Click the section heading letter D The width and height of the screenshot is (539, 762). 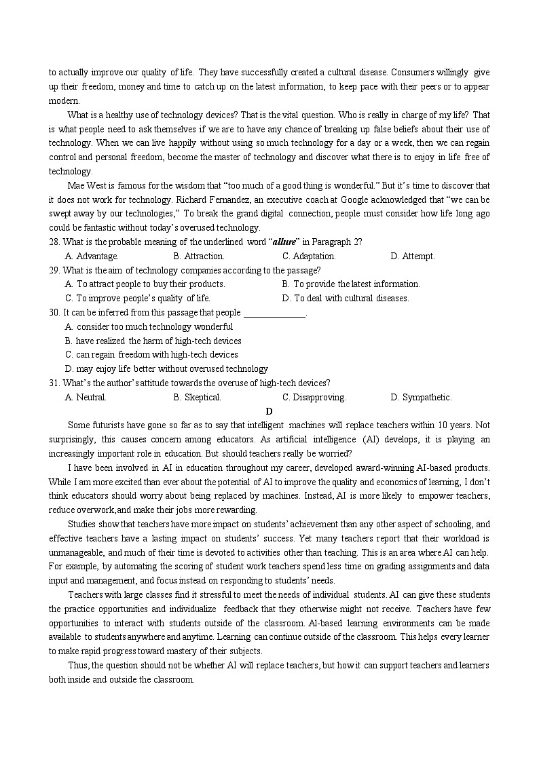pyautogui.click(x=269, y=411)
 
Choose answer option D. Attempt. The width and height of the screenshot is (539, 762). pyautogui.click(x=413, y=256)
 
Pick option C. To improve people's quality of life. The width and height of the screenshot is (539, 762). pyautogui.click(x=138, y=299)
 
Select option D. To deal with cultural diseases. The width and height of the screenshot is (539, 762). pyautogui.click(x=346, y=299)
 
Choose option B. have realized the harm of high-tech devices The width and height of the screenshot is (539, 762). pyautogui.click(x=153, y=341)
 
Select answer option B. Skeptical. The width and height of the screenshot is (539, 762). pyautogui.click(x=198, y=398)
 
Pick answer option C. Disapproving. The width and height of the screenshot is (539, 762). pyautogui.click(x=314, y=398)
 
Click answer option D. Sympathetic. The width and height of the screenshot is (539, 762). pyautogui.click(x=421, y=398)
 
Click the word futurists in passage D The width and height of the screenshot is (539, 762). pyautogui.click(x=112, y=425)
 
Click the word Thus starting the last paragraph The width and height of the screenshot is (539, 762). pyautogui.click(x=77, y=666)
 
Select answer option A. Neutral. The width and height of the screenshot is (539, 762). pyautogui.click(x=86, y=398)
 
